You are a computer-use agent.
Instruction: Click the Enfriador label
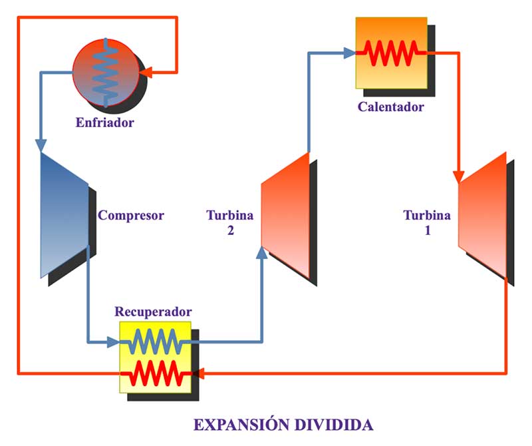(104, 122)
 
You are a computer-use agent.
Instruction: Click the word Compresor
(130, 215)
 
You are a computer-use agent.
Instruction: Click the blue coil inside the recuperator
(154, 343)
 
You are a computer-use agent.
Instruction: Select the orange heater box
(390, 52)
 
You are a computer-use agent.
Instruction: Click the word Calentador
(390, 107)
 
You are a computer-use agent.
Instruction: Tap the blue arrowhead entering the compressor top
(41, 145)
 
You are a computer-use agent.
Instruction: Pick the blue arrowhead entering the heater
(350, 53)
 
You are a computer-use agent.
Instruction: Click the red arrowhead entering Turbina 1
(458, 177)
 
